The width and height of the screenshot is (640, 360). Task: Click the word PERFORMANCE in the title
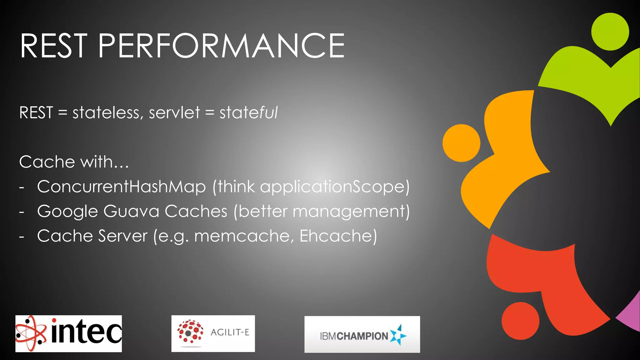pyautogui.click(x=221, y=46)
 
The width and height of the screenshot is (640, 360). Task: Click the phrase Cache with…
pyautogui.click(x=74, y=162)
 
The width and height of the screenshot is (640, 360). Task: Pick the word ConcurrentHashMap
pyautogui.click(x=121, y=187)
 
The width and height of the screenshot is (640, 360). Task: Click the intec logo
pyautogui.click(x=69, y=333)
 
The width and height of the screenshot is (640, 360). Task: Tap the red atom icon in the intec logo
pyautogui.click(x=31, y=333)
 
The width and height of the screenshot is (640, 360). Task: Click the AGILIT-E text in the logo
pyautogui.click(x=230, y=332)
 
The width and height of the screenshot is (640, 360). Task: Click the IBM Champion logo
pyautogui.click(x=362, y=334)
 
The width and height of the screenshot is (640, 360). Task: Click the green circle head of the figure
pyautogui.click(x=610, y=32)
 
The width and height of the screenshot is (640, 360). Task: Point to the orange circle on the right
pyautogui.click(x=461, y=143)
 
